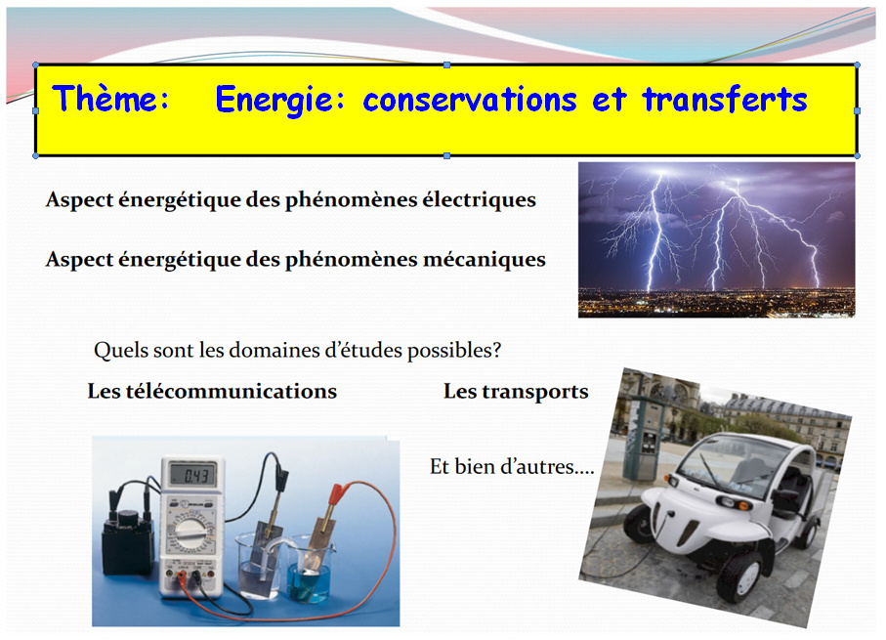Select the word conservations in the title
(x=470, y=100)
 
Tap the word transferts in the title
(x=725, y=100)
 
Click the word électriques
(x=480, y=199)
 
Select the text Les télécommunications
(x=212, y=391)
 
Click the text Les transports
(x=516, y=392)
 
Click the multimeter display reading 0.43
(x=193, y=476)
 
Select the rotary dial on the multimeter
(x=188, y=532)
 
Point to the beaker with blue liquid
(x=309, y=571)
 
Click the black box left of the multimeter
(x=128, y=543)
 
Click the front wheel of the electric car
(x=741, y=576)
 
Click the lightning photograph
(x=716, y=239)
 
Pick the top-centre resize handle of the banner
(x=447, y=65)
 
